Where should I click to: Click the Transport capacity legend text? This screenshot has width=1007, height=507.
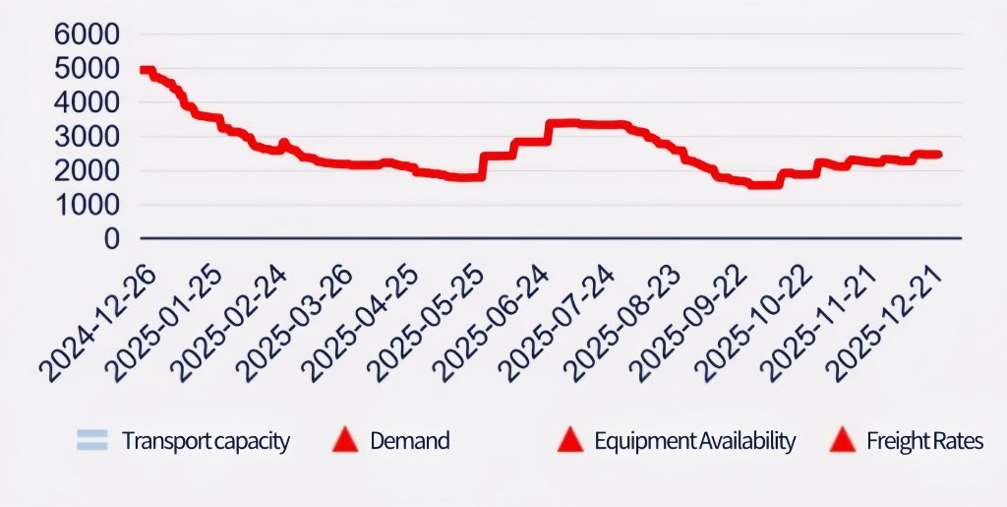[x=206, y=441]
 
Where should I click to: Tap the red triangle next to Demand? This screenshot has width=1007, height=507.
[x=345, y=441]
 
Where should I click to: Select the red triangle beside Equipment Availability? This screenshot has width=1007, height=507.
[x=570, y=441]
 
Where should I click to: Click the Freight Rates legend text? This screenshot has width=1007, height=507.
[x=924, y=441]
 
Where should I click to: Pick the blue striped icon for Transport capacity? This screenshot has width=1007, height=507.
[x=91, y=441]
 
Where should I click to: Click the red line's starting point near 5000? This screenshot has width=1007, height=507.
[x=143, y=70]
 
